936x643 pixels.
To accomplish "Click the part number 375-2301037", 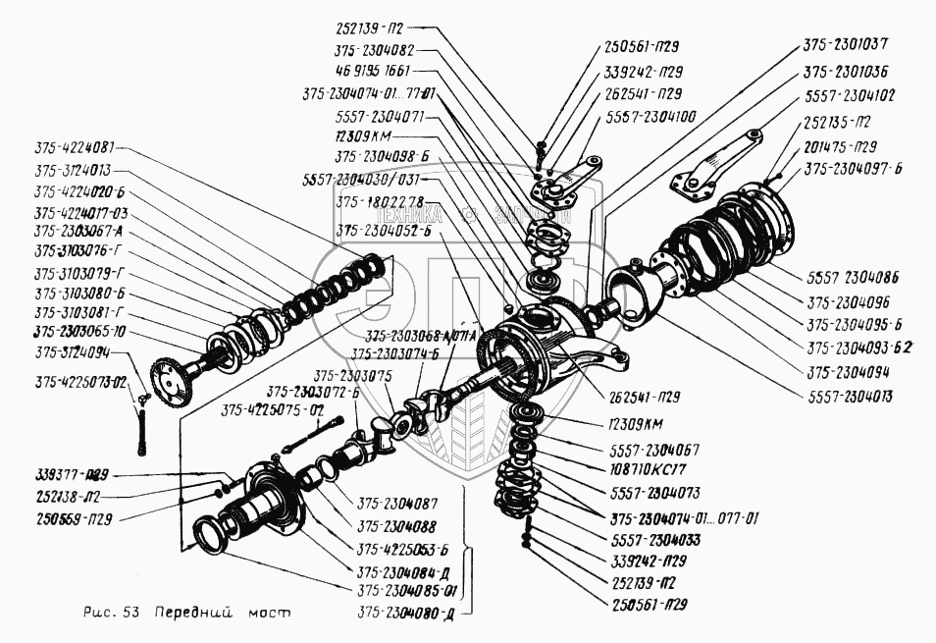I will (847, 45).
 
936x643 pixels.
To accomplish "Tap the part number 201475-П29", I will (840, 146).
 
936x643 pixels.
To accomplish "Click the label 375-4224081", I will (75, 148).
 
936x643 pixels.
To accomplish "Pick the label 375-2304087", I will (397, 502).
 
